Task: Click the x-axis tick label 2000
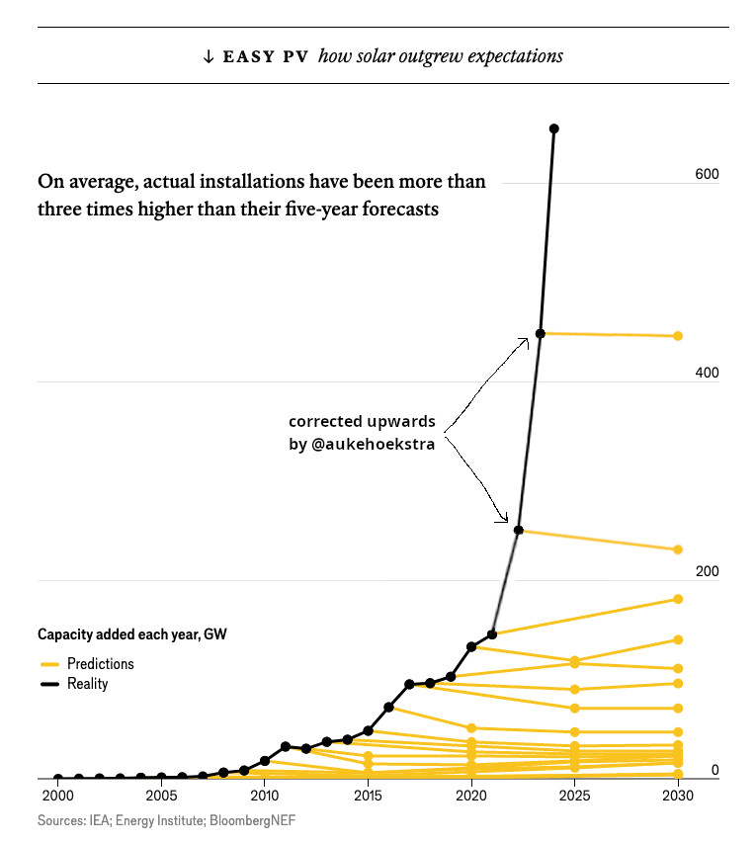(x=57, y=796)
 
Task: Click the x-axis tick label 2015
(x=368, y=796)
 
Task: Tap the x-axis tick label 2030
(x=677, y=796)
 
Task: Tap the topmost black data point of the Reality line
(x=553, y=128)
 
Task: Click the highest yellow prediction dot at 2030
(x=678, y=336)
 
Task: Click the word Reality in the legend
(x=87, y=684)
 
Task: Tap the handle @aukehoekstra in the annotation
(x=372, y=445)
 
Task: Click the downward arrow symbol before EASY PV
(x=208, y=56)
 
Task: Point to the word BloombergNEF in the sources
(x=254, y=820)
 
